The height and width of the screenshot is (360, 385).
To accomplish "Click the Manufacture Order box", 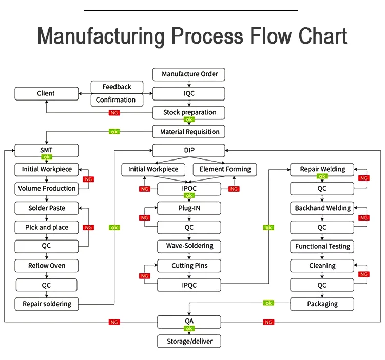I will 189,74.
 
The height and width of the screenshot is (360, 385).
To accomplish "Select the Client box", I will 46,93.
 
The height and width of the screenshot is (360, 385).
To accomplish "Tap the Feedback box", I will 117,87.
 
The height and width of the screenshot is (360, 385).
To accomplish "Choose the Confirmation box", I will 117,100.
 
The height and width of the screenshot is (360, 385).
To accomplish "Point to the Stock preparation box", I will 189,112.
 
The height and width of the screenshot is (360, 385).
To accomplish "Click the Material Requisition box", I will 189,132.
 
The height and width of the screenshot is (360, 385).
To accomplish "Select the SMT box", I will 46,150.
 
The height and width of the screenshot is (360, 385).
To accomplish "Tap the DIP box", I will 189,150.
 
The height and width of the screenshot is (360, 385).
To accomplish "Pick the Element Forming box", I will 225,169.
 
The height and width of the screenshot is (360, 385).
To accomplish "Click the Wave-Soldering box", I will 189,246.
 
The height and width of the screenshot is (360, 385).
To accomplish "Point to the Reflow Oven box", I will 46,266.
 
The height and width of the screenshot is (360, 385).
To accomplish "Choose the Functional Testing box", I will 322,246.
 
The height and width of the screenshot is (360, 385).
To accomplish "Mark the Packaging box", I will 322,304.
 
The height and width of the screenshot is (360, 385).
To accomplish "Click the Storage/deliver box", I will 189,341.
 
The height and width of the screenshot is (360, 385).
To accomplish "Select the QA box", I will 189,322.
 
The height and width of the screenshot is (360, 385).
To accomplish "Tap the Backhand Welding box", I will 322,208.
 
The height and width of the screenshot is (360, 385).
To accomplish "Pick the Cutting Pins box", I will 189,266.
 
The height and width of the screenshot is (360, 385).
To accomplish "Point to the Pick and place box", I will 46,227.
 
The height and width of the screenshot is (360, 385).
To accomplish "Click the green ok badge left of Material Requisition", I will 114,132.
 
